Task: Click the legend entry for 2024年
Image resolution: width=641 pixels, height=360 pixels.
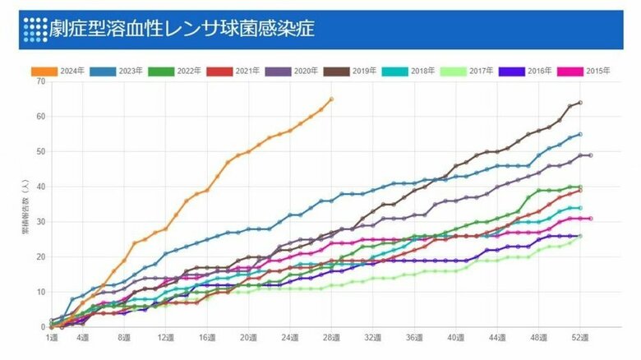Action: pos(58,71)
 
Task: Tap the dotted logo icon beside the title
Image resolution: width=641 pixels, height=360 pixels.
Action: pos(35,30)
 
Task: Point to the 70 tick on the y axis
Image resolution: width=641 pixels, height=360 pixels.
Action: pos(40,81)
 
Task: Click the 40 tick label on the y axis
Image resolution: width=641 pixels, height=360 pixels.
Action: pos(40,187)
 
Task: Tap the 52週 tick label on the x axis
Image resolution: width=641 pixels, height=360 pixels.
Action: pos(580,338)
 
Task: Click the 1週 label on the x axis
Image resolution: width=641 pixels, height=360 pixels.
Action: pos(51,338)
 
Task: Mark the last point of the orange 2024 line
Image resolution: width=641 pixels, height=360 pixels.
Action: pos(330,99)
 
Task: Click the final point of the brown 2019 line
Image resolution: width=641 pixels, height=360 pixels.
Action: pos(580,103)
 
